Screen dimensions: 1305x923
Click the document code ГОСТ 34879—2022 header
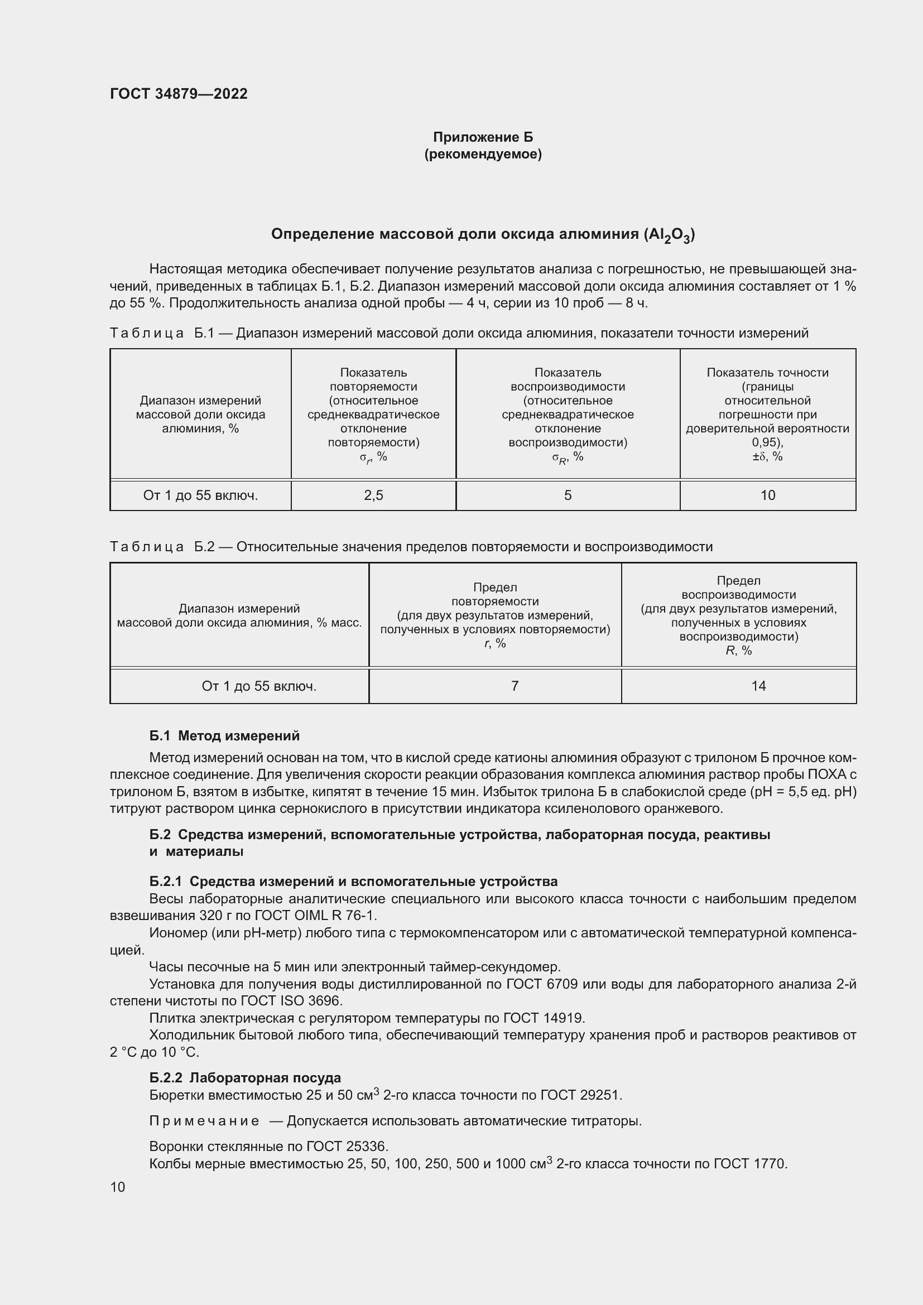coord(179,94)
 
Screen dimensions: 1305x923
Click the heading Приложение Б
coord(483,137)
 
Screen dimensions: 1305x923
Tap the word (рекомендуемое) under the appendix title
coord(483,154)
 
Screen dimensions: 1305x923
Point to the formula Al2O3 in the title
coord(669,235)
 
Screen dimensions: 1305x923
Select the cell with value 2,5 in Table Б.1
coord(373,495)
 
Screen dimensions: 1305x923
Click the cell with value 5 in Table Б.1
coord(567,495)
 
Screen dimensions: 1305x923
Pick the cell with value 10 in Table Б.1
coord(767,495)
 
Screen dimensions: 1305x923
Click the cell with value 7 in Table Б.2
coord(515,686)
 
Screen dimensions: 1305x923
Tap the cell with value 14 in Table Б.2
coord(758,686)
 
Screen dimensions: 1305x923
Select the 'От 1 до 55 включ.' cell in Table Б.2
coord(258,686)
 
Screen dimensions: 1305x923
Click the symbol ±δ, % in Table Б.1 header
coord(767,456)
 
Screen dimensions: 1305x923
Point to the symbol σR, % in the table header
coord(567,458)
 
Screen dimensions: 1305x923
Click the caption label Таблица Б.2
coord(162,547)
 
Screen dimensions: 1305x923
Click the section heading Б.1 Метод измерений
coord(224,736)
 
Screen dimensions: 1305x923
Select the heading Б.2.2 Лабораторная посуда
coord(245,1078)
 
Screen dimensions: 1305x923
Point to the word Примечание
coord(204,1121)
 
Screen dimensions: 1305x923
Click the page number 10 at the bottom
coord(118,1187)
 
